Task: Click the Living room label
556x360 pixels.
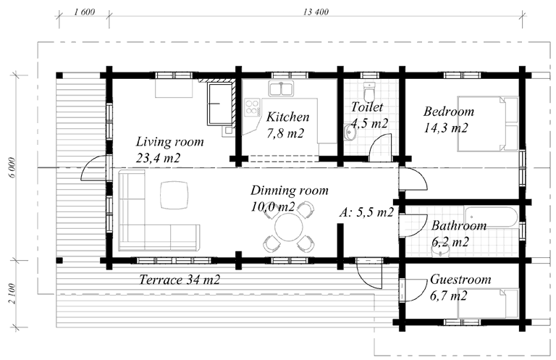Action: click(170, 142)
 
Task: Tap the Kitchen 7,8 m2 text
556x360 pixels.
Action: click(287, 125)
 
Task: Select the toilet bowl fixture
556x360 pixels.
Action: click(369, 92)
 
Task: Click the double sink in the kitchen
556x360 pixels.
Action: click(281, 88)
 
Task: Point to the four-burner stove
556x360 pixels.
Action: click(252, 107)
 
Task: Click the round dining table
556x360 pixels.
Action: click(289, 227)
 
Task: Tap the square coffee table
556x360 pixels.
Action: click(174, 195)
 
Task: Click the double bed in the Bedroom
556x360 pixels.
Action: click(487, 123)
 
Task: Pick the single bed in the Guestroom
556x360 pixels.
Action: click(487, 304)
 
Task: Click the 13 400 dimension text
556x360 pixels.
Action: click(316, 12)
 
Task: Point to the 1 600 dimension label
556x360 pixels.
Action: click(85, 12)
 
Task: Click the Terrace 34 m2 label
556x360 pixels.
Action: click(180, 280)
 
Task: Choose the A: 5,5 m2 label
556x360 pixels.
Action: click(366, 212)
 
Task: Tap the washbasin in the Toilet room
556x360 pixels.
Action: click(350, 133)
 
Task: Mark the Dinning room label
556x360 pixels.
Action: click(290, 191)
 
